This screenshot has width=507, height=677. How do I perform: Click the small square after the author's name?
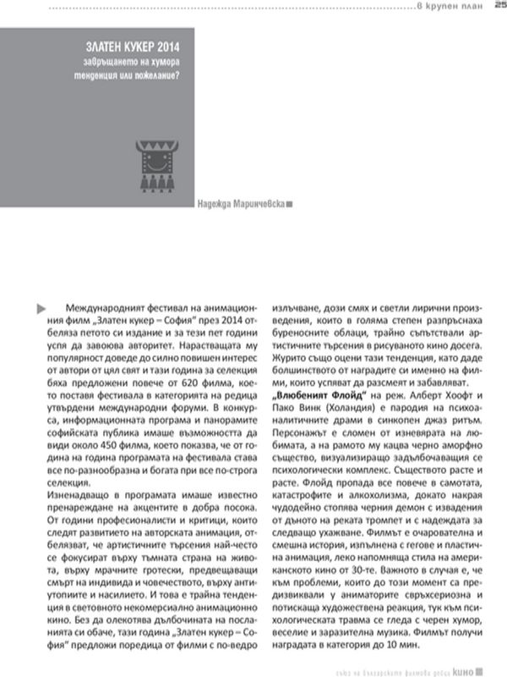click(x=290, y=204)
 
